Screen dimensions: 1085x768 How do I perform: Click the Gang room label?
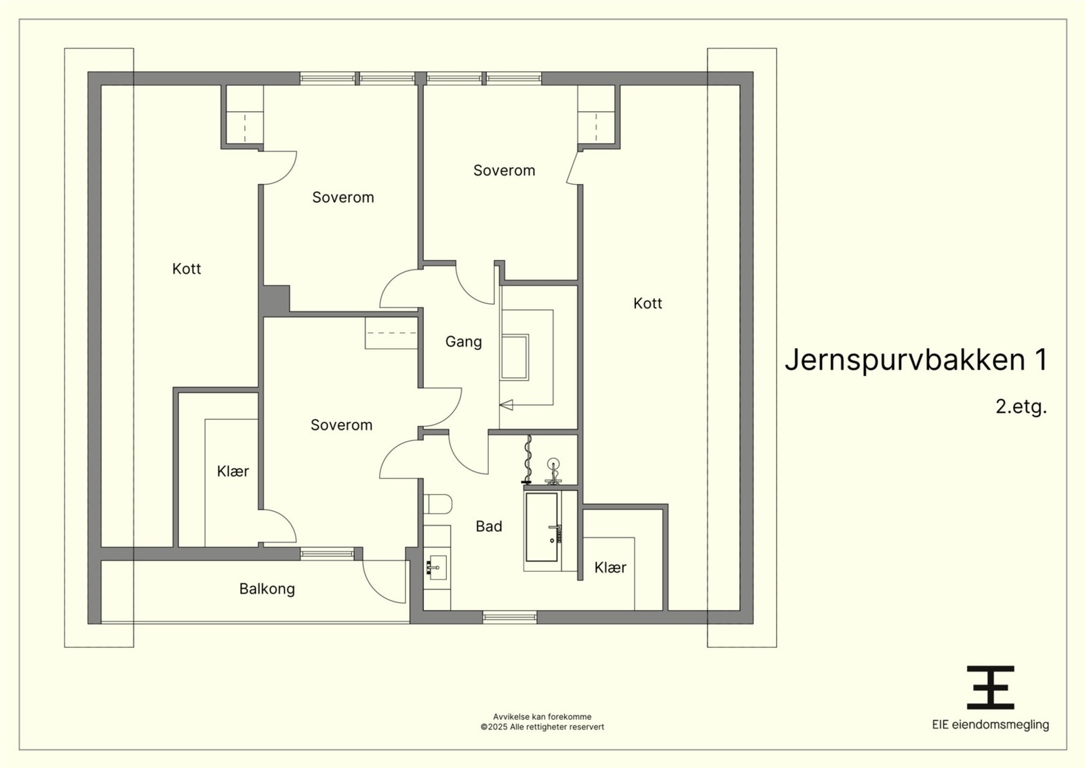(x=464, y=342)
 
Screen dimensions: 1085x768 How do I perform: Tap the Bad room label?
(x=489, y=526)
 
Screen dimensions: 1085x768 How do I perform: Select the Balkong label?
(x=267, y=589)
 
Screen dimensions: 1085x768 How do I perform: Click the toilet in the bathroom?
(x=438, y=504)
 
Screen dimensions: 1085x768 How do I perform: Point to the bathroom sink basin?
(x=436, y=567)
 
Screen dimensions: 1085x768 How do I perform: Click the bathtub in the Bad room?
(x=542, y=527)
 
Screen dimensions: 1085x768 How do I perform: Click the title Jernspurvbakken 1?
(x=916, y=360)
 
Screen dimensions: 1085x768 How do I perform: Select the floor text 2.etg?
(x=1021, y=406)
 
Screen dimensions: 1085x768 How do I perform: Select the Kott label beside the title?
(x=648, y=304)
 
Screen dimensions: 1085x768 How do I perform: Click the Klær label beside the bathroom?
(x=610, y=567)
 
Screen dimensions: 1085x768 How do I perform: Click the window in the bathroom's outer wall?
(x=510, y=617)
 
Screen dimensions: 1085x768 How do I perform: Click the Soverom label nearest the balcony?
(x=342, y=425)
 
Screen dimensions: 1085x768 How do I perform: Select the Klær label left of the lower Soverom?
(x=233, y=472)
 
